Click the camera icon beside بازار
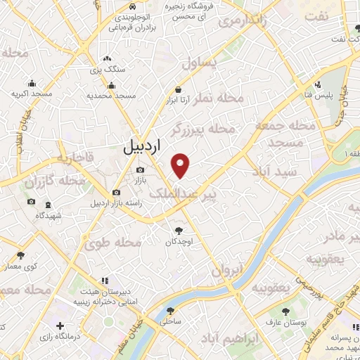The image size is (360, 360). [x=140, y=170]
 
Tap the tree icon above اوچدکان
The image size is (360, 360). [x=179, y=230]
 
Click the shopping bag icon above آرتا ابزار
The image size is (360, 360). [x=181, y=90]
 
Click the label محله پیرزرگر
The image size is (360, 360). [x=201, y=130]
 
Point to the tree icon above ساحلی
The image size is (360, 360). [x=170, y=309]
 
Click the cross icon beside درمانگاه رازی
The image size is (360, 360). [x=61, y=327]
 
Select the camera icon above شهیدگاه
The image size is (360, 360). [x=31, y=202]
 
